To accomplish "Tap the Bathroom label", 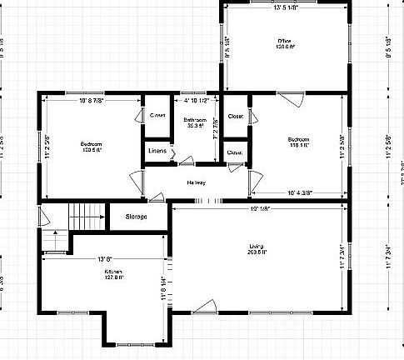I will coord(195,121).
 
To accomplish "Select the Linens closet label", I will coord(157,151).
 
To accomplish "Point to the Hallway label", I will coord(196,182).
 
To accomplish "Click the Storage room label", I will coord(136,217).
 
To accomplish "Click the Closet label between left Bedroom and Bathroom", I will coord(157,115).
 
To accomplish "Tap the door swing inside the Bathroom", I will coord(188,160).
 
